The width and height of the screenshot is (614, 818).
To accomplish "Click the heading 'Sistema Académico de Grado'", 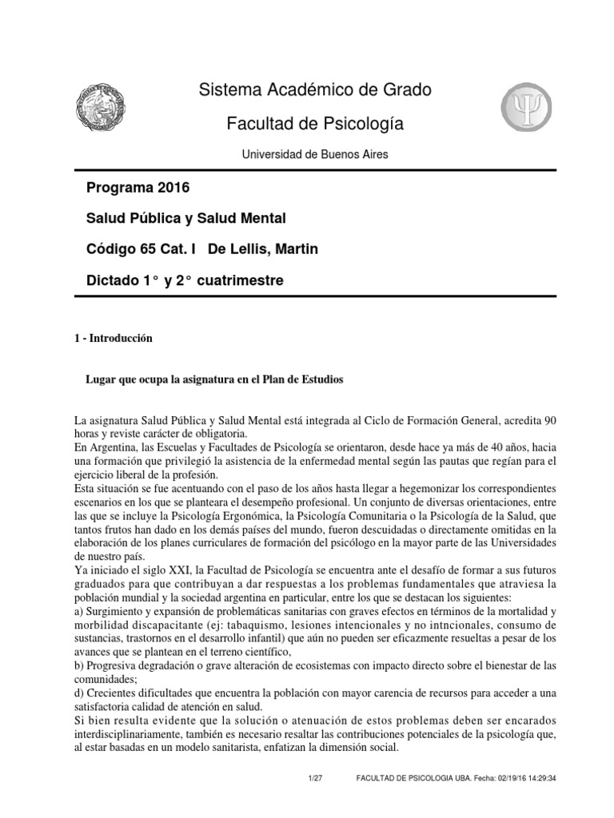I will tap(315, 90).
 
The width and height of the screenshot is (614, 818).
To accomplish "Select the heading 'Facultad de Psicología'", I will tap(315, 124).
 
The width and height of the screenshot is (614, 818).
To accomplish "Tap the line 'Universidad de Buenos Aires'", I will tap(315, 154).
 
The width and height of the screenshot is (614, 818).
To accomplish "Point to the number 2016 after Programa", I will tap(176, 189).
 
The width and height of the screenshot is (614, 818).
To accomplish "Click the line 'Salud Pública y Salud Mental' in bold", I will tap(185, 219).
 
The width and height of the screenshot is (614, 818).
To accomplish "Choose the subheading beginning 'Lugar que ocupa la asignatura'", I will tap(214, 380).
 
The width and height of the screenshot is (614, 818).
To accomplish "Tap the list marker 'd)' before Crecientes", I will tap(78, 693).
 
